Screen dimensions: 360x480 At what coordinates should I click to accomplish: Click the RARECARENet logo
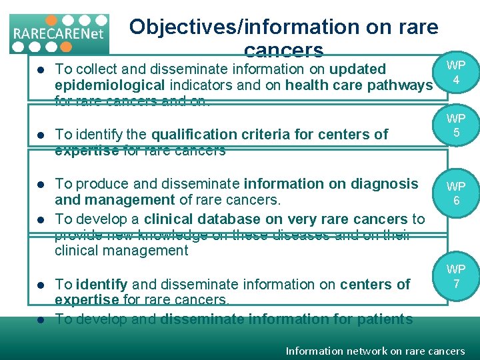coord(59,33)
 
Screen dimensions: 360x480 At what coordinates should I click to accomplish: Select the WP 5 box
coord(456,126)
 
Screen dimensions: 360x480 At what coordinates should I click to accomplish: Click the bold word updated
coord(357,69)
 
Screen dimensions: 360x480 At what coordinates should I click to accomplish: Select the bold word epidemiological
coord(109,85)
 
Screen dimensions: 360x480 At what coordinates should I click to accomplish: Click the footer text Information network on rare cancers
coord(375,351)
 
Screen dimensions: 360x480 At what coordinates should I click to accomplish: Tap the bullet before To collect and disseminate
coord(40,69)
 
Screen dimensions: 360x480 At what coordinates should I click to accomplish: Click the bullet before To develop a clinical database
coord(40,219)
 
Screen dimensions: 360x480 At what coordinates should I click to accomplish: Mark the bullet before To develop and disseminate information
coord(40,319)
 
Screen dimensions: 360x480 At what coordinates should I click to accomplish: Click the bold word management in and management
coord(114,200)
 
